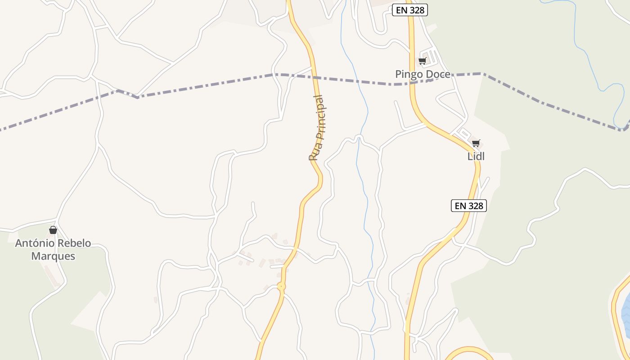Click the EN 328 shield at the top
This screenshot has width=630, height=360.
tap(409, 10)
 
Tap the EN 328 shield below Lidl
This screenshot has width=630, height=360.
tap(469, 206)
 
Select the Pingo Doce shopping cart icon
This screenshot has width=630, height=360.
tap(422, 61)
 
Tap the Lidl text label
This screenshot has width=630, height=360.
tap(476, 157)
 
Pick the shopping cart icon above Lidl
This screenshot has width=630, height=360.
tap(476, 144)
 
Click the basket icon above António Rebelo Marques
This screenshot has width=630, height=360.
tap(53, 230)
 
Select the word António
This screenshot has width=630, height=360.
tap(34, 243)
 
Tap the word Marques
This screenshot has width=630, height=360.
tap(53, 256)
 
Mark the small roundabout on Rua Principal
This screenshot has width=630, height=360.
tap(281, 286)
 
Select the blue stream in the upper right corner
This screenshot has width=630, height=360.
tap(585, 49)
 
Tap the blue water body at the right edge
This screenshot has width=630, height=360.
tap(626, 310)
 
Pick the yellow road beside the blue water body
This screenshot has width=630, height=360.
tap(615, 310)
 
